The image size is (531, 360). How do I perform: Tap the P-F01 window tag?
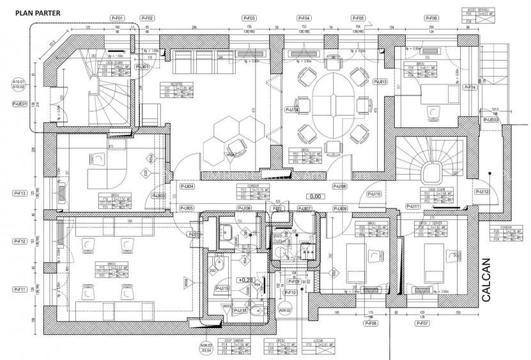coord(118,18)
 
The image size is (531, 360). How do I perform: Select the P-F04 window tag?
coord(304,18)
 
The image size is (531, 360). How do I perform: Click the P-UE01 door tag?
coord(19,102)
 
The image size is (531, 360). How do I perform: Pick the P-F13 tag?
coord(19,192)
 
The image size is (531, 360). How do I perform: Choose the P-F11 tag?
coord(19,290)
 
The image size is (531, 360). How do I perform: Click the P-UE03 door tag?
coord(491,120)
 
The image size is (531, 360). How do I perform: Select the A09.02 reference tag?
coord(284,311)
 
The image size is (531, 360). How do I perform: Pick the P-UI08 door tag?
coord(339,186)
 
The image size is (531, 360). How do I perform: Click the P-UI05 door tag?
coord(187,208)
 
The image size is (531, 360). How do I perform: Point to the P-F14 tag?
coord(470,87)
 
